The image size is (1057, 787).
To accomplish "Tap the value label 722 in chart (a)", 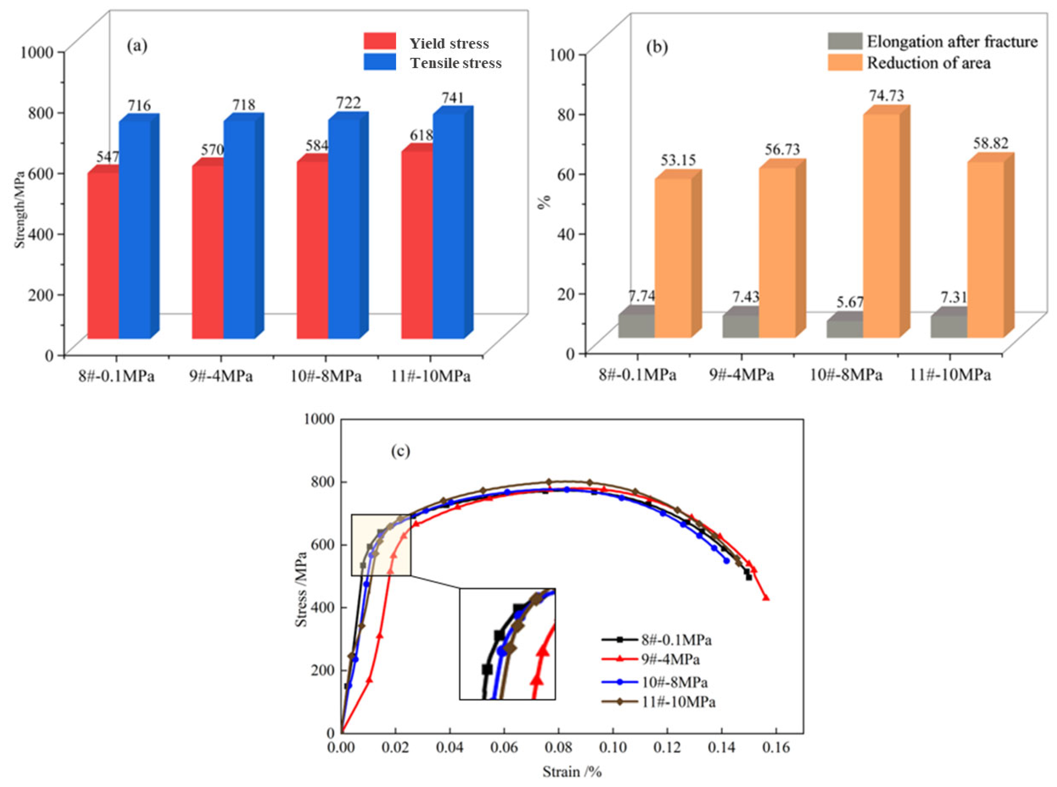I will [348, 102].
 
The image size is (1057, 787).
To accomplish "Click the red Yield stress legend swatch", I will [380, 41].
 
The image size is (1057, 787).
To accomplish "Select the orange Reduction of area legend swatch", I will [845, 63].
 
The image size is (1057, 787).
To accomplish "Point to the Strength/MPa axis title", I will [20, 210].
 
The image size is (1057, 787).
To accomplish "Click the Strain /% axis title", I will [572, 771].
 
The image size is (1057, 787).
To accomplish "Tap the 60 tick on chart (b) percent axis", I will [567, 174].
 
